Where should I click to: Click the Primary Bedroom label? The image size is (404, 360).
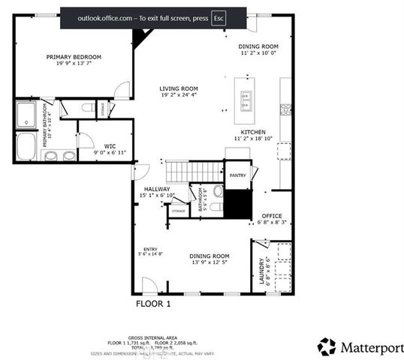(74, 57)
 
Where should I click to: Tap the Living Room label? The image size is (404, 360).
(179, 88)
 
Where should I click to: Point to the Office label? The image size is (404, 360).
(271, 215)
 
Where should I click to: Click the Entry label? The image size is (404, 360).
(150, 249)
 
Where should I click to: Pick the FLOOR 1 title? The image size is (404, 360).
(153, 304)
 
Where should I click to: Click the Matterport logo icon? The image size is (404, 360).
(327, 346)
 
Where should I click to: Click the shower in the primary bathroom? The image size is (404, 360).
(28, 115)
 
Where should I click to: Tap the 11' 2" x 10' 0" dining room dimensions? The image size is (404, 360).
(258, 53)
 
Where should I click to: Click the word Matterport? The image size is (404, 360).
(368, 347)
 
